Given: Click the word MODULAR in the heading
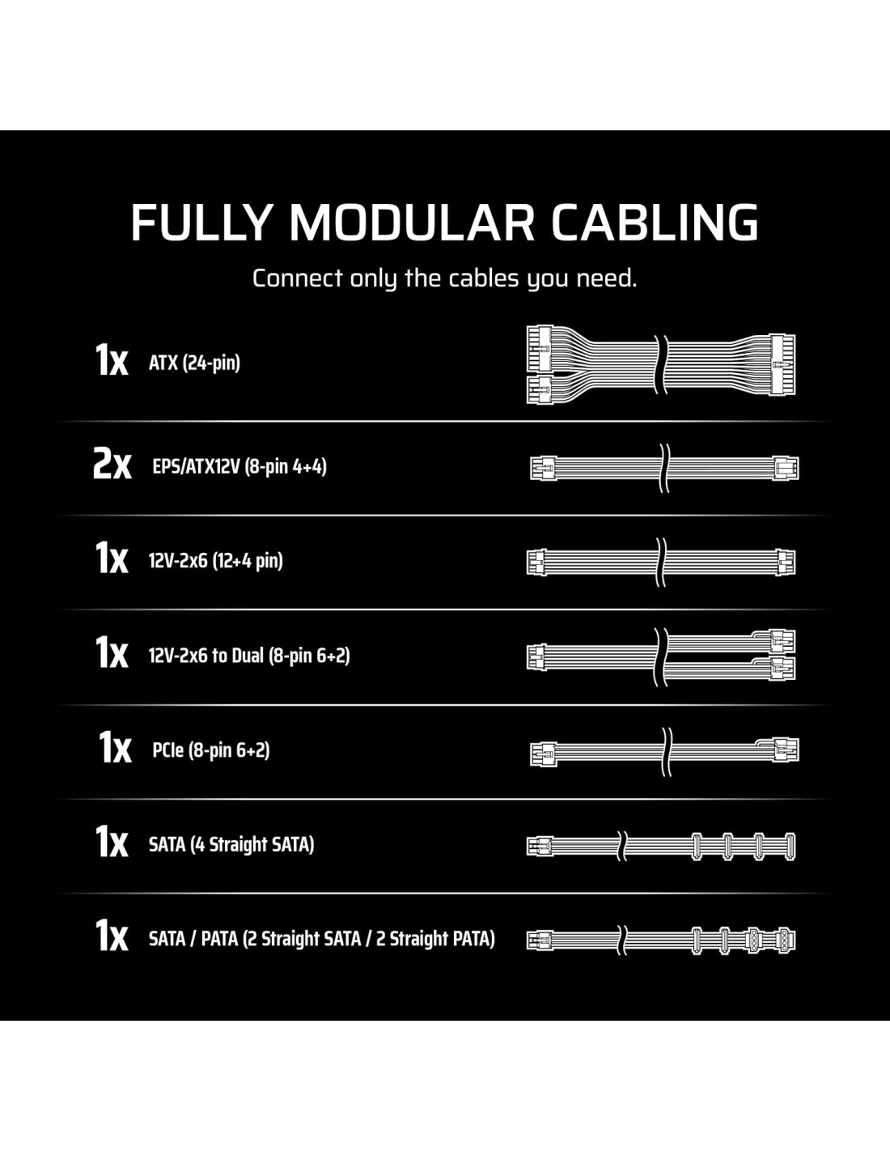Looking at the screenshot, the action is point(411,223).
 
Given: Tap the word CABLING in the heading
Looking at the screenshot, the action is point(655,223).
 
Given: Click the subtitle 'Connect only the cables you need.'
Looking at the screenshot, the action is point(444,278).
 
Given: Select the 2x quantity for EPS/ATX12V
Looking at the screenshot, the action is point(112,464).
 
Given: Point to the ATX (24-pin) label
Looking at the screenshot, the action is point(194,363).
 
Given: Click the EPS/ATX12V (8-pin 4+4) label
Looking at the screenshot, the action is point(239,467).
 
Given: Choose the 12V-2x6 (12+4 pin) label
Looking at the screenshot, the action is point(215,561).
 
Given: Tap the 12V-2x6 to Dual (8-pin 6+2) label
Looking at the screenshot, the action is point(249,656).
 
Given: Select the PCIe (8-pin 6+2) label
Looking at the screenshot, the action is point(210,750).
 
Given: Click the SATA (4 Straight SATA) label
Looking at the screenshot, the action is point(231,844).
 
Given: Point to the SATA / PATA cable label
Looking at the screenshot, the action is point(321,939).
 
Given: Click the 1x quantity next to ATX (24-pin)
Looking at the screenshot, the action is point(112,360).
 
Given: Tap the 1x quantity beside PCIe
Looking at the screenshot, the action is point(115,747).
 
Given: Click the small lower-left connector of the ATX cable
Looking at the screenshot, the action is point(539,390).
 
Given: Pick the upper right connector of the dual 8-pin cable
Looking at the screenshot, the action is point(782,641).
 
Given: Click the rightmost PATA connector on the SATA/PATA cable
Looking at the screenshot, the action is point(785,941).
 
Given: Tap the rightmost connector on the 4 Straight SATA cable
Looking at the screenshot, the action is point(790,847).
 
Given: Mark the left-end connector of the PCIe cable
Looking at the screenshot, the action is point(543,751).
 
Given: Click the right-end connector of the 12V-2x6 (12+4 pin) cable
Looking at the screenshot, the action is point(786,562).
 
